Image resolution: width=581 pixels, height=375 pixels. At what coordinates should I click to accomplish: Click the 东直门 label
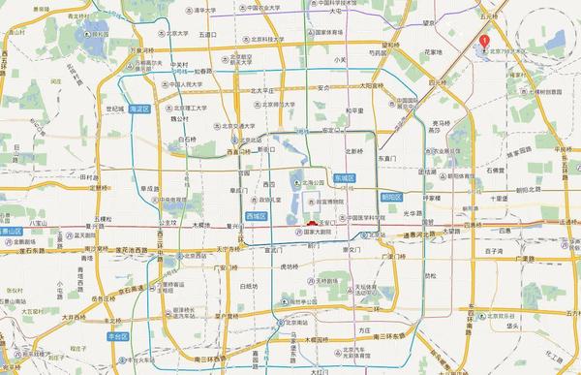tap(387, 157)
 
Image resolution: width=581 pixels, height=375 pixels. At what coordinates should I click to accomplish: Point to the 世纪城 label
tap(115, 109)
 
